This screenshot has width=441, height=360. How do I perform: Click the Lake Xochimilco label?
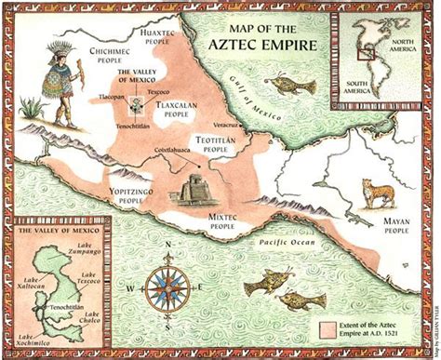pyautogui.click(x=33, y=340)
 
